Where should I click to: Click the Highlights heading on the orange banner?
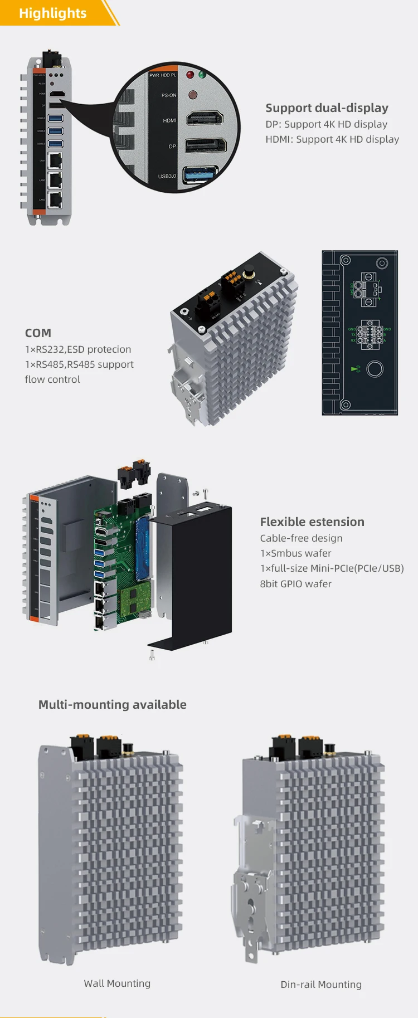click(x=52, y=13)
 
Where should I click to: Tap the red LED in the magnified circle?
click(x=190, y=75)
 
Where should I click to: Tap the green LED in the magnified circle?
click(x=202, y=75)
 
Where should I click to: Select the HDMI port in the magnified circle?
click(x=205, y=119)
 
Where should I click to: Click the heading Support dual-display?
click(x=327, y=108)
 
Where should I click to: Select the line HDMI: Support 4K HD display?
click(x=332, y=139)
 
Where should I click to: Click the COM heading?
click(x=38, y=333)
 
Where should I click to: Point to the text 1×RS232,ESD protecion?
click(x=78, y=349)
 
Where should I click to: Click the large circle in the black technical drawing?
click(x=375, y=369)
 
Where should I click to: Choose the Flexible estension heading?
click(x=312, y=522)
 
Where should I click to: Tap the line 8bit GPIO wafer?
click(x=295, y=584)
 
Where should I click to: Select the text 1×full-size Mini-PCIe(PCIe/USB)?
click(x=332, y=568)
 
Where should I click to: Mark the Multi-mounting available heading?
click(x=113, y=705)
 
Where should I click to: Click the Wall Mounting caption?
click(x=117, y=983)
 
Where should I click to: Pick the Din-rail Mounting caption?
click(x=321, y=985)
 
